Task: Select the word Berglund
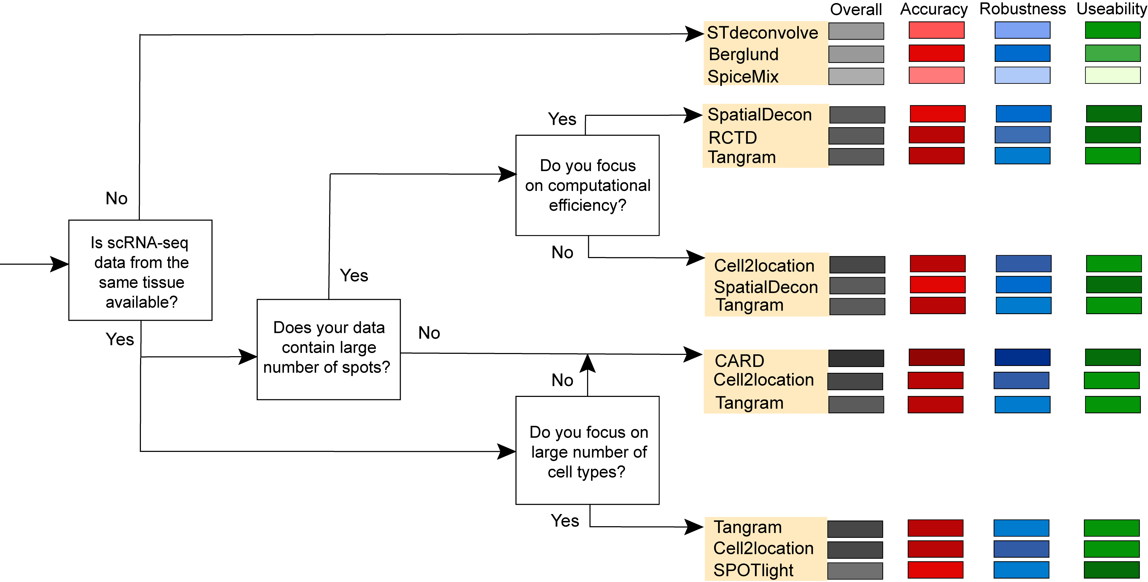pos(743,54)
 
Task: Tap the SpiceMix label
pos(743,77)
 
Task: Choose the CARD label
pos(739,360)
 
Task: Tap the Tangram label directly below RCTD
pos(741,157)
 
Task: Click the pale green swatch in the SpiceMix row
pos(1112,75)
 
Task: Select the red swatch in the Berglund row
pos(936,53)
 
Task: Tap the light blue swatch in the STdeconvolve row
pos(1022,30)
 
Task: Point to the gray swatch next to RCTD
pos(856,136)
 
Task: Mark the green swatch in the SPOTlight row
pos(1112,570)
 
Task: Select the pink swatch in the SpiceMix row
pos(936,75)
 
